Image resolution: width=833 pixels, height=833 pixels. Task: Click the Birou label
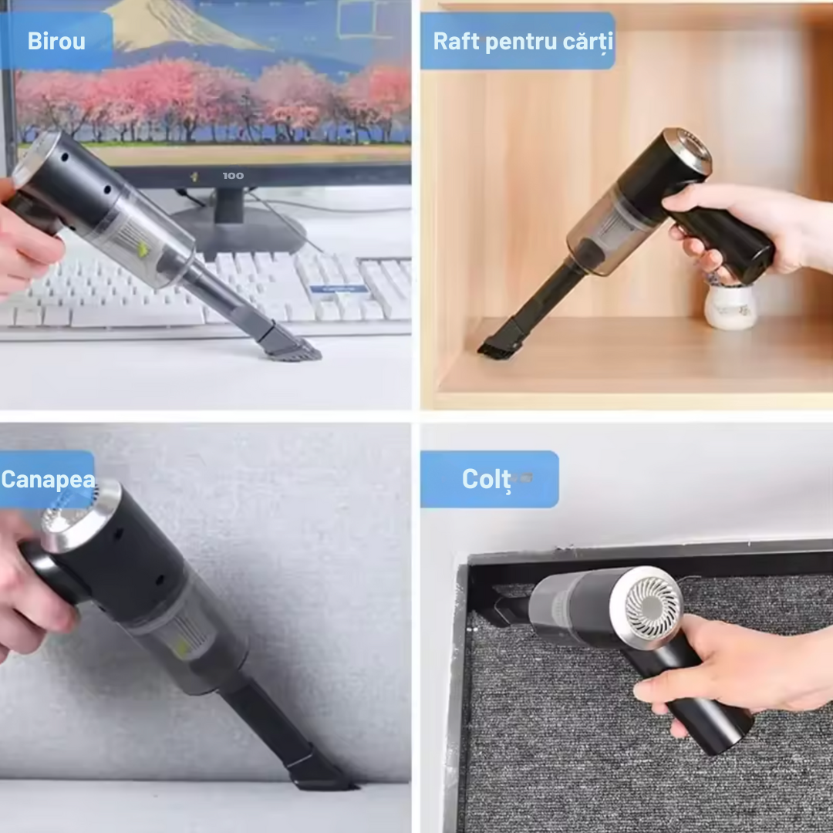(56, 42)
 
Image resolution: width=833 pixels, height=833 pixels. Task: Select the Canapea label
(47, 479)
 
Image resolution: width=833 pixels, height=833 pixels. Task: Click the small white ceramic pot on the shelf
(730, 306)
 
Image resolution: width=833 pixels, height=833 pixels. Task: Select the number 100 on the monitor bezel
(233, 176)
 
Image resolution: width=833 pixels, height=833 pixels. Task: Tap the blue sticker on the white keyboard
(339, 288)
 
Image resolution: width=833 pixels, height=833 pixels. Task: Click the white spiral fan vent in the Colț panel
(653, 605)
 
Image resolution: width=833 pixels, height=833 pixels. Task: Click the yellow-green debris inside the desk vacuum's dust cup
(143, 249)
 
